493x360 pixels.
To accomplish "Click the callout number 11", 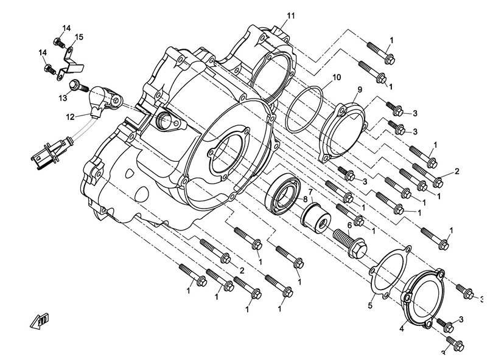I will pyautogui.click(x=290, y=15).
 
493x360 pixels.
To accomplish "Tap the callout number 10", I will pyautogui.click(x=337, y=77).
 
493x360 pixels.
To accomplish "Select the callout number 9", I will pyautogui.click(x=360, y=89).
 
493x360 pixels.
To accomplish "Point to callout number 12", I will pyautogui.click(x=70, y=116).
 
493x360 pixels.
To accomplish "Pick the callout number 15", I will pyautogui.click(x=79, y=38).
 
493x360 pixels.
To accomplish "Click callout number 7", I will pyautogui.click(x=312, y=191).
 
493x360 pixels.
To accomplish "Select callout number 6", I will pyautogui.click(x=349, y=225).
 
